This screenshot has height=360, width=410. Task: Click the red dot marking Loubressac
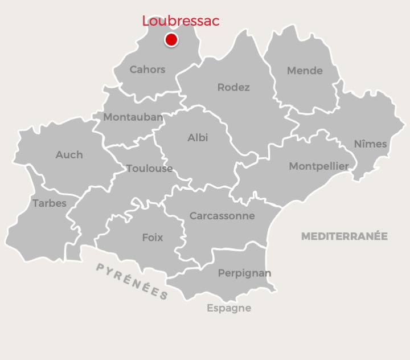tap(171, 40)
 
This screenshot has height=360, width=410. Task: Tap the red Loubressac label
tap(181, 21)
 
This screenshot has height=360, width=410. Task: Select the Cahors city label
tap(147, 69)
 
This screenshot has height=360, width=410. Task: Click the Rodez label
tap(233, 87)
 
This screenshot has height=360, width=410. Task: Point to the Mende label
tap(305, 71)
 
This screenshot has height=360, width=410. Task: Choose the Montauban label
tap(133, 117)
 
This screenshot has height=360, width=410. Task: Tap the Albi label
tap(198, 137)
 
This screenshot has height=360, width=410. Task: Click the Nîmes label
tap(370, 144)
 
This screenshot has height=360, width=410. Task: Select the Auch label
tap(69, 154)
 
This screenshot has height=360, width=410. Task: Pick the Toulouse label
tap(149, 168)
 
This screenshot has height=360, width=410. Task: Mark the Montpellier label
tap(319, 166)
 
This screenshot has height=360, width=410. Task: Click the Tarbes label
tap(50, 203)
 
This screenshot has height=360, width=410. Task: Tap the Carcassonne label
tap(222, 216)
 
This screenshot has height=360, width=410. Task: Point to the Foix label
tap(153, 238)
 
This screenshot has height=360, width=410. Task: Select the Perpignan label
tap(244, 273)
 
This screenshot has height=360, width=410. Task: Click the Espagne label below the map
tap(228, 308)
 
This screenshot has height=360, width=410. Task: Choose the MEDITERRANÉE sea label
tap(344, 236)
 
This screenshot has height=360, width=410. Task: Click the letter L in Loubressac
tap(146, 22)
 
